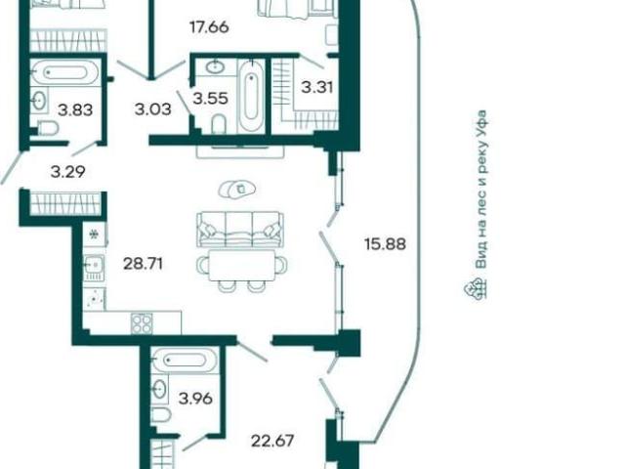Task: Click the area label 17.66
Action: click(209, 27)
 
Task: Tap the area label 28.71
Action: click(144, 264)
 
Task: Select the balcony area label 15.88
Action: click(385, 243)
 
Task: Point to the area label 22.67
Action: click(272, 441)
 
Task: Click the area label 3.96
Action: click(195, 398)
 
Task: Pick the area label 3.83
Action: click(75, 109)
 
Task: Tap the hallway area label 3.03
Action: click(153, 108)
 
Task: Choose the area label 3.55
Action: click(211, 98)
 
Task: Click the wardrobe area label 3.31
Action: click(316, 87)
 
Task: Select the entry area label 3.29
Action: click(68, 172)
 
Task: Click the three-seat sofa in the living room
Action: click(240, 230)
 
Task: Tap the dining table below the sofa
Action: click(242, 265)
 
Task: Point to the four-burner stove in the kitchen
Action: click(142, 323)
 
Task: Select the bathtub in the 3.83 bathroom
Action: click(64, 72)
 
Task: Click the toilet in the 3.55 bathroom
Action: click(219, 124)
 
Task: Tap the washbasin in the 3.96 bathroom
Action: click(160, 388)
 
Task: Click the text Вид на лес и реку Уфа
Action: click(481, 189)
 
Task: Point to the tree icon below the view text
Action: click(477, 288)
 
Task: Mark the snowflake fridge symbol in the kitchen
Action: click(94, 234)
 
